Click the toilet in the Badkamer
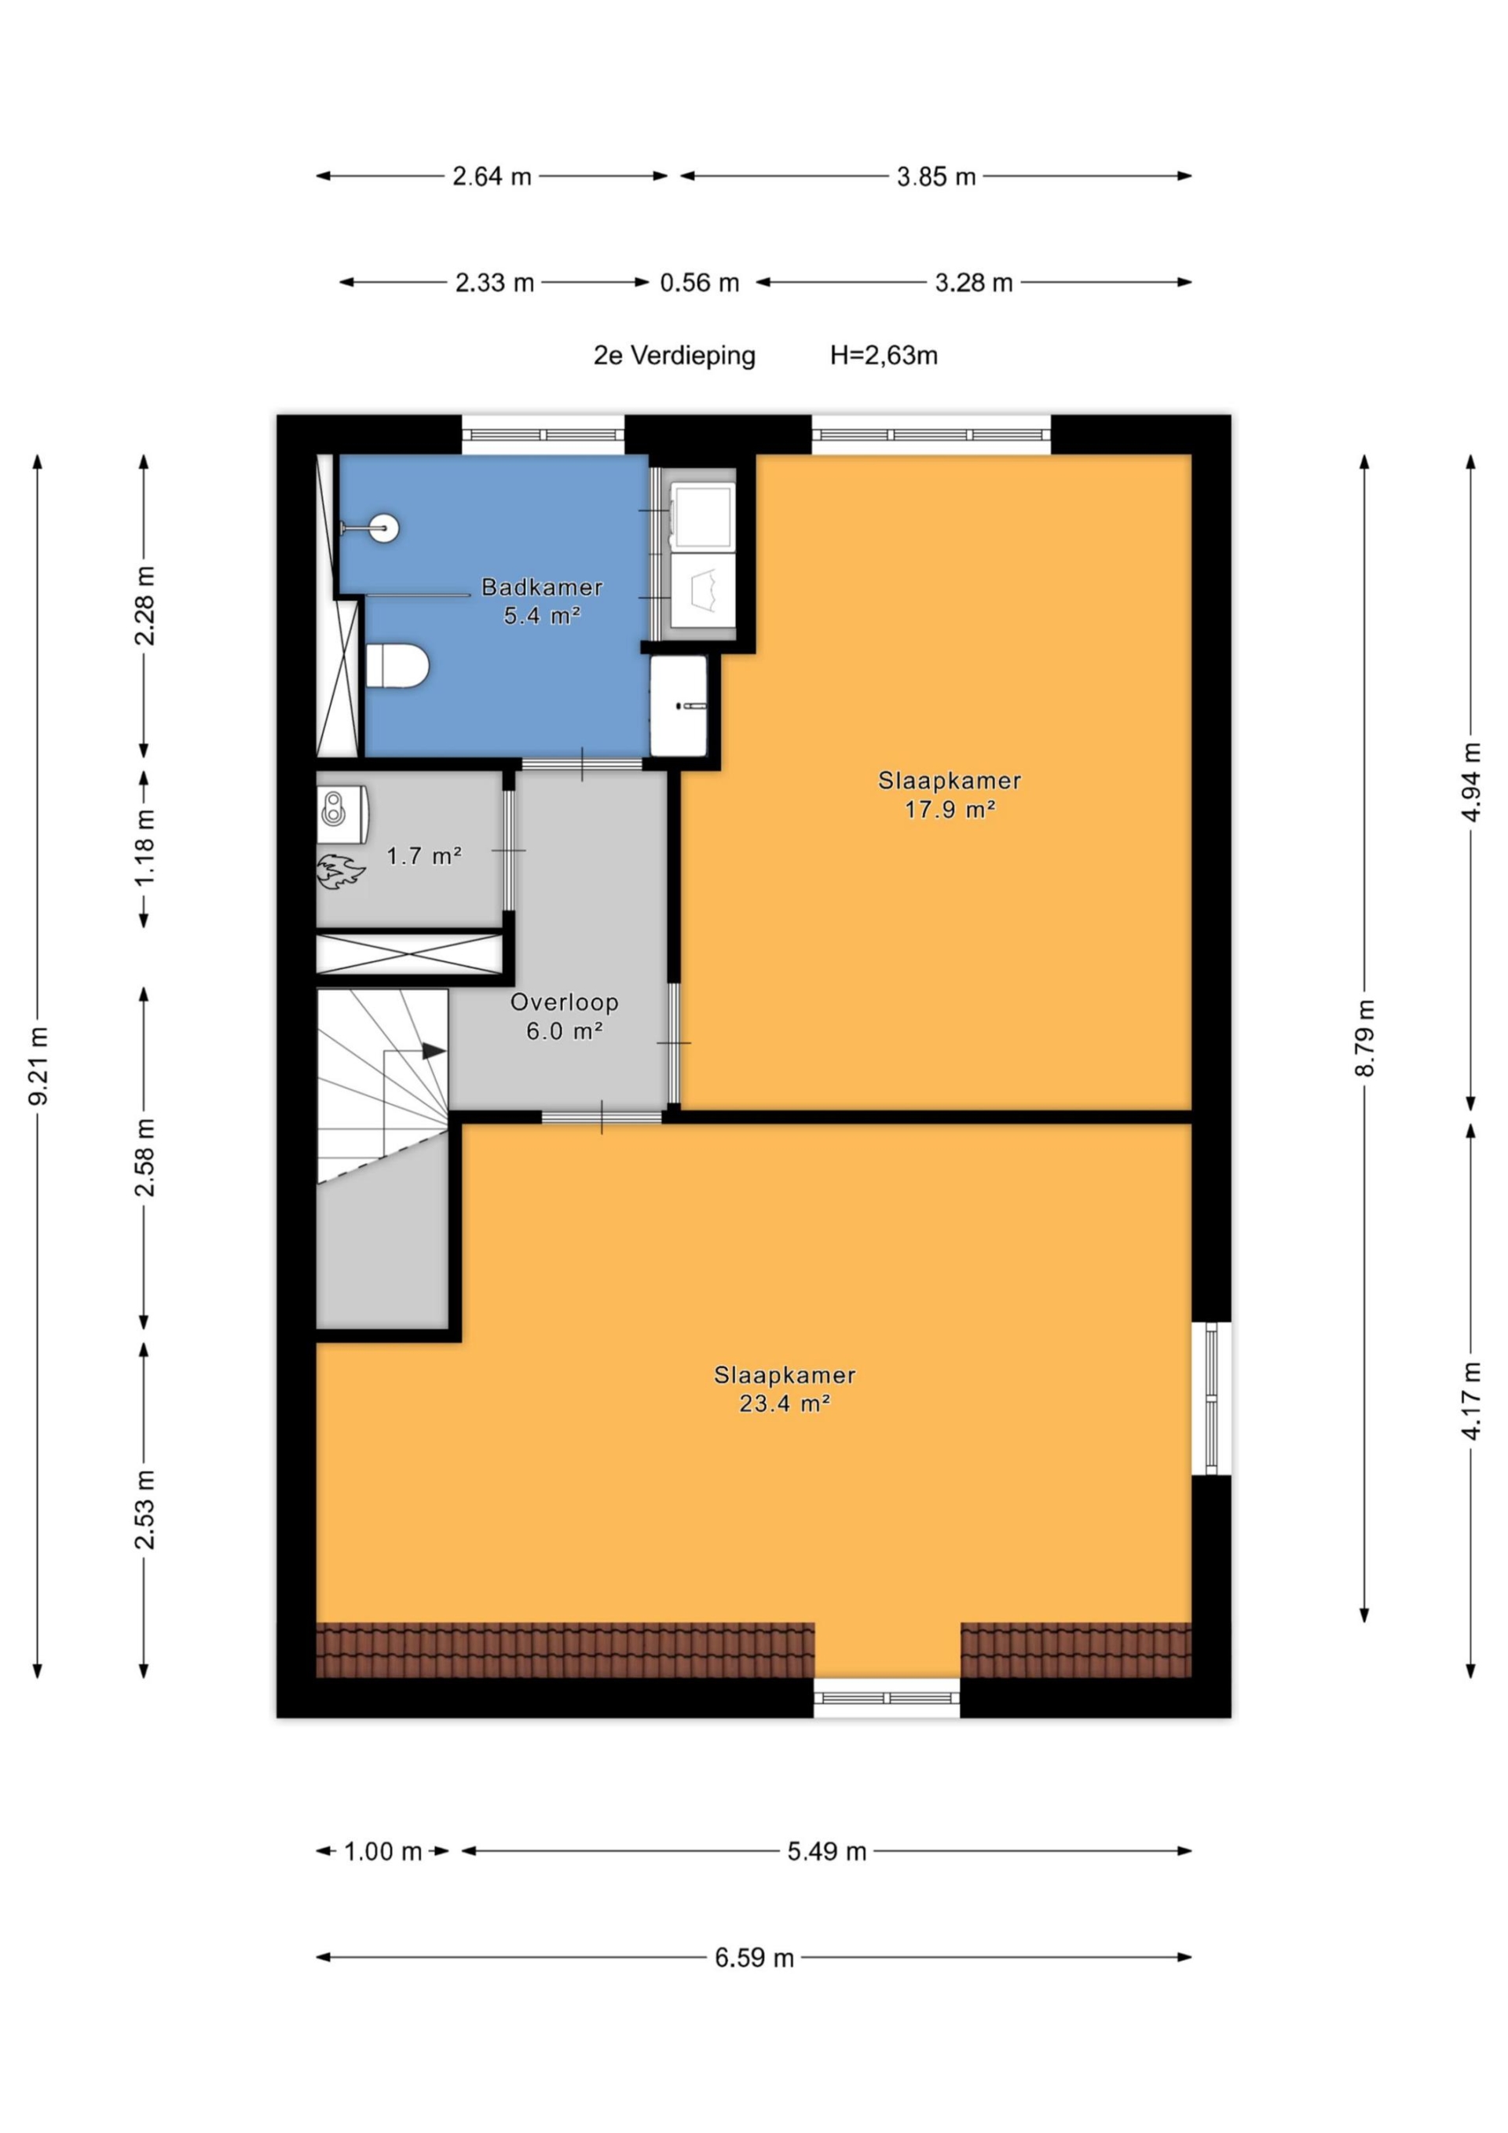point(397,666)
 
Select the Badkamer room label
point(542,587)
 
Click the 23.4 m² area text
point(784,1403)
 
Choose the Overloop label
point(564,1002)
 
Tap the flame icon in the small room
point(340,872)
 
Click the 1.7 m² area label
point(423,855)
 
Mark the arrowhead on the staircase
point(434,1051)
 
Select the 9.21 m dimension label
point(38,1066)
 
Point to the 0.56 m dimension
point(700,283)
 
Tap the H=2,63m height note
point(884,355)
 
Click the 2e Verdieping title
point(675,356)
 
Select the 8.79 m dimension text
point(1364,1037)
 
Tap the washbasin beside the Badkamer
point(679,705)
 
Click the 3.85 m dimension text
point(935,177)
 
